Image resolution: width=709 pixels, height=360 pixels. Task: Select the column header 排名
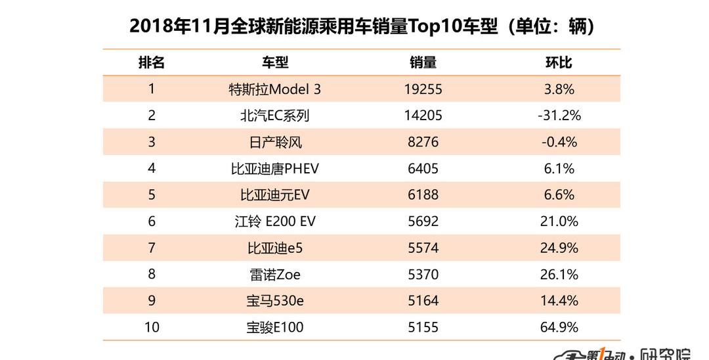pos(152,62)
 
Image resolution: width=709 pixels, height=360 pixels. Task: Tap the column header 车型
pos(275,62)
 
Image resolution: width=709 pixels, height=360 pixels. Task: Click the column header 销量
pos(423,62)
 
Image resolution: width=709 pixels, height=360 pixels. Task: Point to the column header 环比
pos(559,62)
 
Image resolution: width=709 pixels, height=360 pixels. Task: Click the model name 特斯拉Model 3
pos(275,89)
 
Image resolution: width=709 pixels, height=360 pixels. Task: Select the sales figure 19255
pos(423,89)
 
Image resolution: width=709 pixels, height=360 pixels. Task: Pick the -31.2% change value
pos(559,116)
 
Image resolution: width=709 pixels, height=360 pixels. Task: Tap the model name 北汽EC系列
pos(275,116)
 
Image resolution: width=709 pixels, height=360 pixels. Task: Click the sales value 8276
pos(423,142)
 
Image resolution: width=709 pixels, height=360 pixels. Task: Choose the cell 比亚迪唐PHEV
pos(275,168)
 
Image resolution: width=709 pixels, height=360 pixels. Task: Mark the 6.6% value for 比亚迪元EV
pos(559,194)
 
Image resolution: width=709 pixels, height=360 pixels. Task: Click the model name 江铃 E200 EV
pos(275,221)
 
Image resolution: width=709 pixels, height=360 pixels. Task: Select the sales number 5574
pos(423,248)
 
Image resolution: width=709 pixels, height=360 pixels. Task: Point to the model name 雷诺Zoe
pos(275,274)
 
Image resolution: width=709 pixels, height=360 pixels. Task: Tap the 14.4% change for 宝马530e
pos(559,300)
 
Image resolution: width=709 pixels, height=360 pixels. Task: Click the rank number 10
pos(152,326)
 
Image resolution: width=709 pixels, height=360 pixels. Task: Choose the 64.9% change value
pos(559,326)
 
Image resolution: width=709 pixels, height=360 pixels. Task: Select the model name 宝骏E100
pos(275,326)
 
